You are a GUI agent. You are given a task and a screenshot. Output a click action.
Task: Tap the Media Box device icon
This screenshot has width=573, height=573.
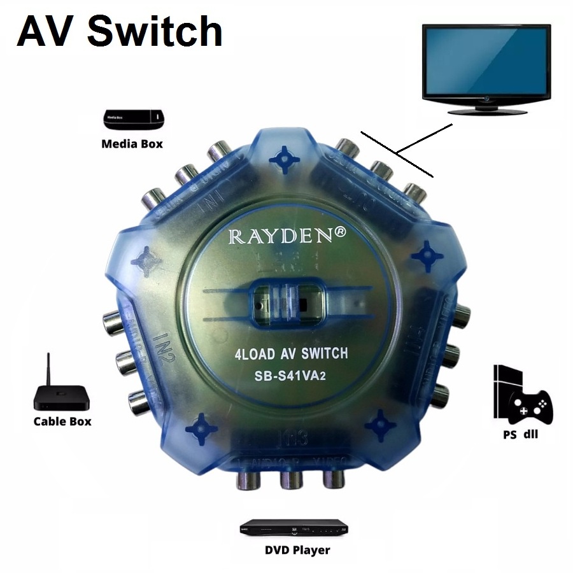133,118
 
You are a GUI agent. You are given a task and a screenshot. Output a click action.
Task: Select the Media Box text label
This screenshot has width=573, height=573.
132,144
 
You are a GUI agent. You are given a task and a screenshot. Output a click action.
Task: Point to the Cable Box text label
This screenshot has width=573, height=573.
62,421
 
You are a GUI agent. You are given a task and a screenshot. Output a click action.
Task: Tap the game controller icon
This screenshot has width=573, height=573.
533,407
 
